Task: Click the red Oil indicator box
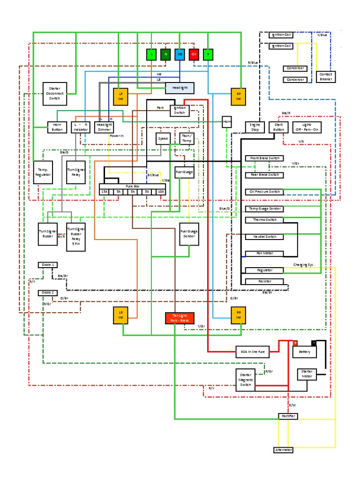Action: pos(194,54)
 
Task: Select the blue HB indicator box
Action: pos(180,54)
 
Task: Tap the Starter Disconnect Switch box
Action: pos(54,94)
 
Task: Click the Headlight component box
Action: pos(180,88)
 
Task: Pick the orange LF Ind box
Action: pos(120,97)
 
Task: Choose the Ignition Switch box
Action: pos(180,110)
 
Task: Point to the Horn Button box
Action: pos(57,127)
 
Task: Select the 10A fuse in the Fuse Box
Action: pos(161,191)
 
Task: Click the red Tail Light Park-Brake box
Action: pos(180,318)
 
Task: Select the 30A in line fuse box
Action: pos(252,351)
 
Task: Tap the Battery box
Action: pos(304,351)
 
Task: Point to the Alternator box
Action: pos(283,450)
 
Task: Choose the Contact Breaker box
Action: pos(325,76)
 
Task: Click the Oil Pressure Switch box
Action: pos(264,192)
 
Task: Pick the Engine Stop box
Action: pos(255,127)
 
